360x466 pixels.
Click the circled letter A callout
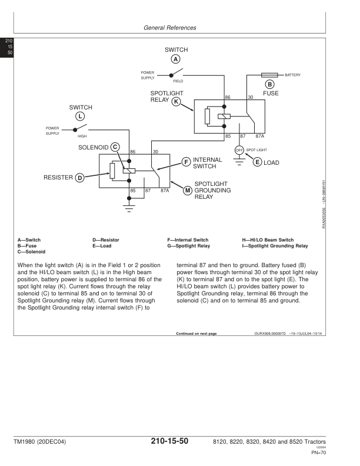pos(175,59)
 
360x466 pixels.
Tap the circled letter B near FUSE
pos(269,84)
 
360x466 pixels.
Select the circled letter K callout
pos(175,102)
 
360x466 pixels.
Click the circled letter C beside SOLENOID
pos(115,146)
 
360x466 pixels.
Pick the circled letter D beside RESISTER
pos(79,177)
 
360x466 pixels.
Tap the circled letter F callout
pos(186,162)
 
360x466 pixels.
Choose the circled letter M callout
pos(187,190)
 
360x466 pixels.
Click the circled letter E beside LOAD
pos(257,162)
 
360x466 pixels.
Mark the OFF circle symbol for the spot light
pos(239,150)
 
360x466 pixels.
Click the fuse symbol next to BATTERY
pos(269,75)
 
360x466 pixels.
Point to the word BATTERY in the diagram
pos(292,75)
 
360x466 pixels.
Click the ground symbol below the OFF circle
pos(239,164)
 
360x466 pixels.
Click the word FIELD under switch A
pos(178,81)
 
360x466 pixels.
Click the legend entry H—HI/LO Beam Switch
pos(268,240)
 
